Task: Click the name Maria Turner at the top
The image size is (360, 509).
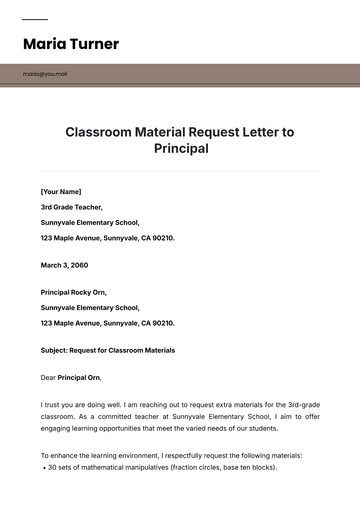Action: (x=70, y=44)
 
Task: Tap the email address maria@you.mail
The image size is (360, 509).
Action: (x=46, y=74)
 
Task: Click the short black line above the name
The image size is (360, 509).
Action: (x=34, y=19)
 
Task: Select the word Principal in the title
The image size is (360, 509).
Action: (x=180, y=148)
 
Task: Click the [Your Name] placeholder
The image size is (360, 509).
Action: (x=61, y=191)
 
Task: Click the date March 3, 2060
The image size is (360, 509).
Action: (x=64, y=265)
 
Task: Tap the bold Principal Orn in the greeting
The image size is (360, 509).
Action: (x=79, y=378)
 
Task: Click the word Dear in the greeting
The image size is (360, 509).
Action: (x=48, y=378)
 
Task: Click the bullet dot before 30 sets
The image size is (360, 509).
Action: (x=43, y=467)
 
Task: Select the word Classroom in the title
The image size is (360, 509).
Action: (x=101, y=131)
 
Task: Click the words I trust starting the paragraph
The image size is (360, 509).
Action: (x=52, y=403)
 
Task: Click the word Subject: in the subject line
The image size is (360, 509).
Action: (x=56, y=350)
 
